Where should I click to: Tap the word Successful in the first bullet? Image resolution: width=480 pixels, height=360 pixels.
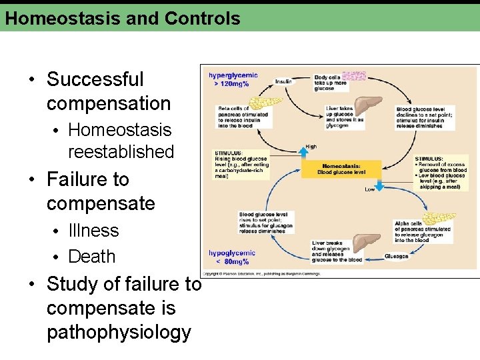pyautogui.click(x=95, y=79)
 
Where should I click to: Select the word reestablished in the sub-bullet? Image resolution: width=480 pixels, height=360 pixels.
pyautogui.click(x=121, y=152)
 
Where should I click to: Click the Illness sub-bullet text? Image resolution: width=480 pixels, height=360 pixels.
pyautogui.click(x=93, y=231)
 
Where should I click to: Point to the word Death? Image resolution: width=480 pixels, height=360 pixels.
pyautogui.click(x=91, y=257)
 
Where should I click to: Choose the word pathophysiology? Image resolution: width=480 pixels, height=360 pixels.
pyautogui.click(x=119, y=333)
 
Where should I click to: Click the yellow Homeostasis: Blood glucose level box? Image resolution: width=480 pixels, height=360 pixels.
pyautogui.click(x=341, y=169)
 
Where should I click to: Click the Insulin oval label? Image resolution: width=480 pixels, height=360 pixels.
pyautogui.click(x=283, y=81)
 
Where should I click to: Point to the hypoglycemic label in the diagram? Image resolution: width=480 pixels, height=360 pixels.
pyautogui.click(x=231, y=253)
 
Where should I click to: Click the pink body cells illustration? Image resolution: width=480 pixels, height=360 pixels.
pyautogui.click(x=353, y=76)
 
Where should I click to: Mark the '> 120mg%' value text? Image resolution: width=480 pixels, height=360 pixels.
pyautogui.click(x=231, y=84)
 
